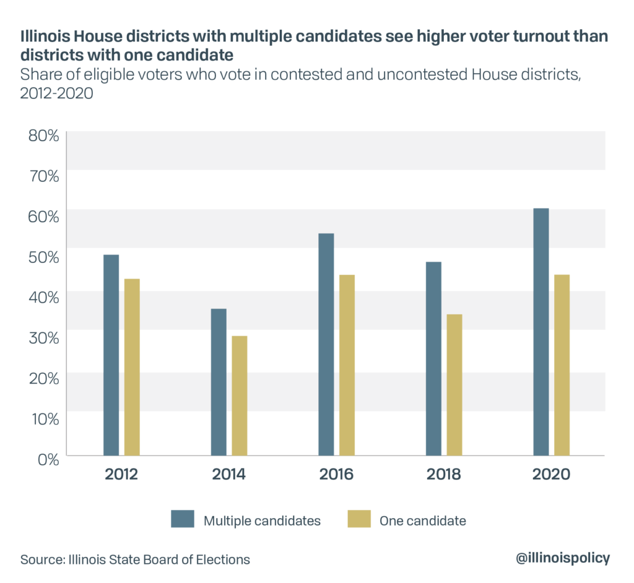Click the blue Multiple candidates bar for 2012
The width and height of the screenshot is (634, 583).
click(111, 355)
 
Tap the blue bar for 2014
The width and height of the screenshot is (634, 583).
click(219, 382)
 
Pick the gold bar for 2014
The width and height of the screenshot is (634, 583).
click(240, 395)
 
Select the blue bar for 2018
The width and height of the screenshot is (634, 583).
click(433, 359)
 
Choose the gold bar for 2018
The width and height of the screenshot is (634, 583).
click(454, 385)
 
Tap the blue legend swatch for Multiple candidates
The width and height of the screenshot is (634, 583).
click(183, 519)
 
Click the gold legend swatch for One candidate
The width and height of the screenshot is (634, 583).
click(358, 519)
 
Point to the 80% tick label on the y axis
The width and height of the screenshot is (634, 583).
click(43, 136)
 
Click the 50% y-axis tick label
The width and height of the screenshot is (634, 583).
click(43, 257)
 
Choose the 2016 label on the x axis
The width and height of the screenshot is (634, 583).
click(336, 475)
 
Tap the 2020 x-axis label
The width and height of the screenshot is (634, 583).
click(551, 475)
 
